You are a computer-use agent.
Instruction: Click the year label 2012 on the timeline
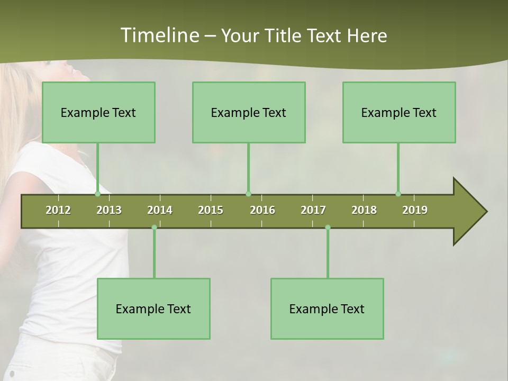pyautogui.click(x=58, y=210)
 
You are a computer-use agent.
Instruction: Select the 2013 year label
pyautogui.click(x=109, y=210)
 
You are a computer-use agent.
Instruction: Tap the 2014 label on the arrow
pyautogui.click(x=160, y=210)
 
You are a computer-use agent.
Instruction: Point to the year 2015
pyautogui.click(x=211, y=210)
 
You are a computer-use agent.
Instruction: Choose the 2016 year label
pyautogui.click(x=262, y=210)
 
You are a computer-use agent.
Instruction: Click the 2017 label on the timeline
pyautogui.click(x=313, y=210)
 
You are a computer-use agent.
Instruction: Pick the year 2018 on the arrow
pyautogui.click(x=364, y=210)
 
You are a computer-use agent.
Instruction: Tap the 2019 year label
pyautogui.click(x=415, y=210)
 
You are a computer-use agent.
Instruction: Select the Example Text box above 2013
pyautogui.click(x=98, y=112)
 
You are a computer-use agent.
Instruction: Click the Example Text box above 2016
pyautogui.click(x=249, y=112)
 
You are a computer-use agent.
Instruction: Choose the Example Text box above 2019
pyautogui.click(x=399, y=112)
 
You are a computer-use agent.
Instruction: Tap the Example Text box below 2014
pyautogui.click(x=153, y=309)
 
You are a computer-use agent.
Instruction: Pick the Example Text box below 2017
pyautogui.click(x=327, y=309)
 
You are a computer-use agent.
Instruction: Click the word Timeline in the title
pyautogui.click(x=159, y=35)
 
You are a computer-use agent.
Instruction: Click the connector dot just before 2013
pyautogui.click(x=97, y=194)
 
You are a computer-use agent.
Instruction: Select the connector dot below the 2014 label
pyautogui.click(x=154, y=228)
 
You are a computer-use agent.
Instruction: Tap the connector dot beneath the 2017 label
pyautogui.click(x=328, y=228)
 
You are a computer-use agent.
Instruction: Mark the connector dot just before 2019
pyautogui.click(x=398, y=194)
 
